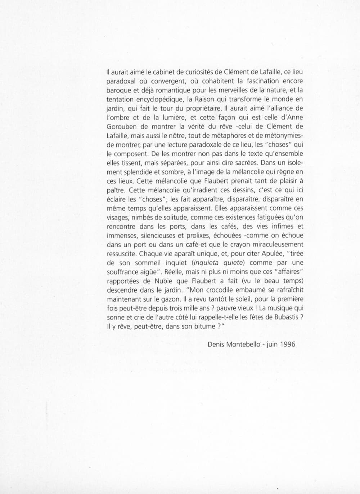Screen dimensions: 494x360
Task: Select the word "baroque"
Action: pos(118,90)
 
